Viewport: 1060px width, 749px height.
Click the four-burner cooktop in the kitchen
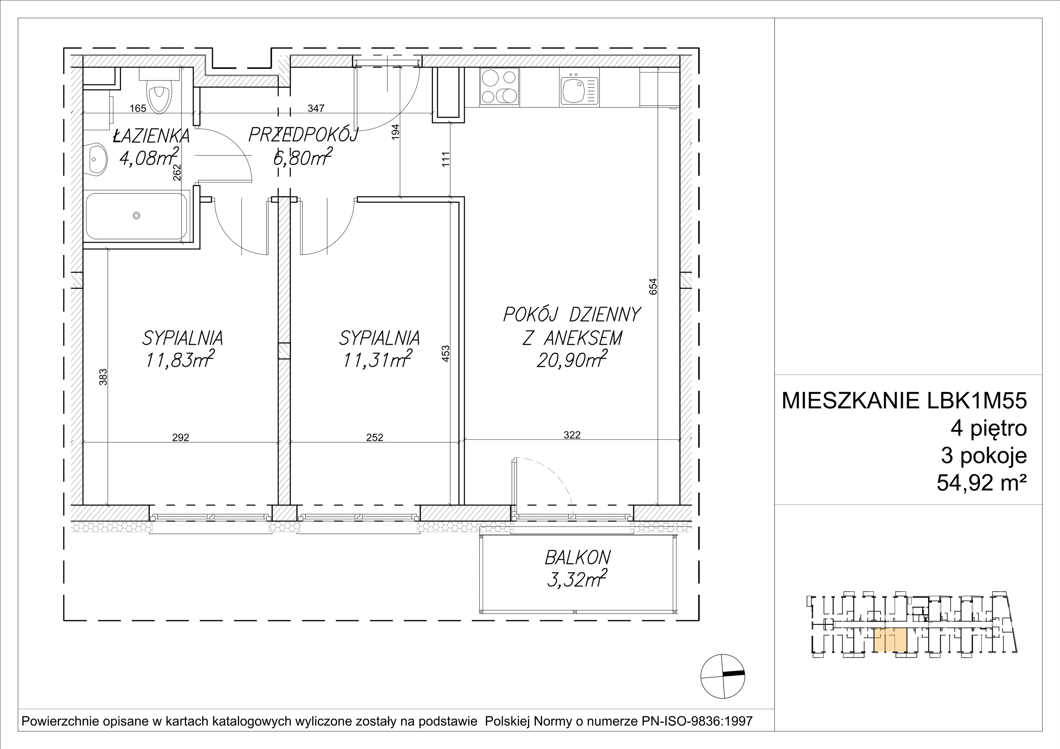(x=500, y=88)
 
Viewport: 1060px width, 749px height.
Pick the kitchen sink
(x=579, y=90)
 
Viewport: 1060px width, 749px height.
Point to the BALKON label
(x=578, y=558)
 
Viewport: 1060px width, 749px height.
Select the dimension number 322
(x=572, y=435)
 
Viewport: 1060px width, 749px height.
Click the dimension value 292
(x=181, y=437)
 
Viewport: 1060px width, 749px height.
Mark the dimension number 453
(x=446, y=354)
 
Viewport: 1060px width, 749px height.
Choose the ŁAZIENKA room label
(x=151, y=136)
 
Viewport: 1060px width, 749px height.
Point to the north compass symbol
(x=722, y=676)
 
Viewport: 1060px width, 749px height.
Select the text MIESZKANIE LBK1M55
(x=904, y=401)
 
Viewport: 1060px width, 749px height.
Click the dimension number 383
(x=103, y=376)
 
